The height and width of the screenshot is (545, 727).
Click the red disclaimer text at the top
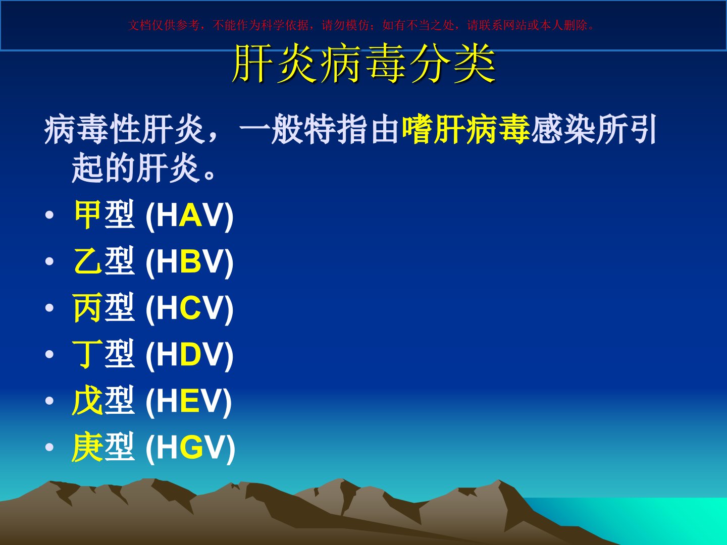coord(361,25)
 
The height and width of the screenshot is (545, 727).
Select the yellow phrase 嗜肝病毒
coord(466,129)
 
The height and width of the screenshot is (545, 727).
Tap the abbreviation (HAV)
coord(189,216)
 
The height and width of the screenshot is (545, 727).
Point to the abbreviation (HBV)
coord(189,262)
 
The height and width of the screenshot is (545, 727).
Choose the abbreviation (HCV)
coord(189,309)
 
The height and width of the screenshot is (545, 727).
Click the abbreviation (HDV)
coord(189,355)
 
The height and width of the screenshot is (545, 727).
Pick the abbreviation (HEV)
coord(188,401)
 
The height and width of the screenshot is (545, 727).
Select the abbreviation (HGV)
coord(190,448)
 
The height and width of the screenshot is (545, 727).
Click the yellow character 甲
coord(87,214)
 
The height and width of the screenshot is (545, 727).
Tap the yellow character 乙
coord(87,261)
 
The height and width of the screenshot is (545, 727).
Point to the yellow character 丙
coord(87,308)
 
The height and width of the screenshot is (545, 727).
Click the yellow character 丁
coord(87,354)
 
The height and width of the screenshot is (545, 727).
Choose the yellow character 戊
coord(87,400)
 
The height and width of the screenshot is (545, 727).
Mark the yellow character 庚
coord(87,447)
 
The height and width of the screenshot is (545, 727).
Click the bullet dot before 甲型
coord(49,215)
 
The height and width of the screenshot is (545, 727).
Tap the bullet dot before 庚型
coord(49,448)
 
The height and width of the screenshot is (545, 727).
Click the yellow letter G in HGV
coord(191,448)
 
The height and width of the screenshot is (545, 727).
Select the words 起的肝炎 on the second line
coord(135,168)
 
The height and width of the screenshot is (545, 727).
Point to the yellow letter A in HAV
coord(190,215)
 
